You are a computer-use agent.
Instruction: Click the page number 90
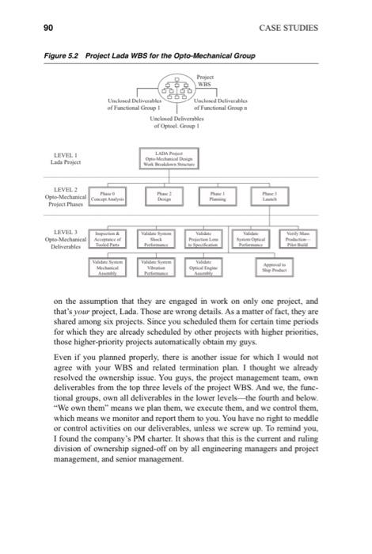click(47, 28)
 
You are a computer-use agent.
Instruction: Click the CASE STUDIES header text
click(288, 28)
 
